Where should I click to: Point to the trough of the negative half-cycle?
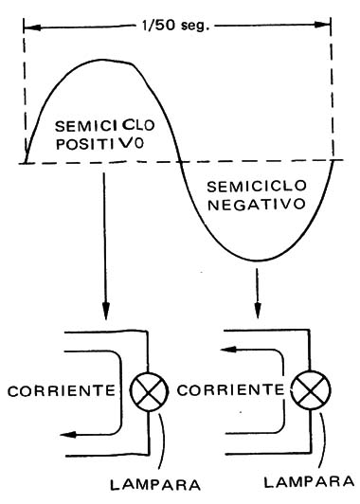[258, 261]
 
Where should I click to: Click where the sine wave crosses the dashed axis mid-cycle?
[178, 163]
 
